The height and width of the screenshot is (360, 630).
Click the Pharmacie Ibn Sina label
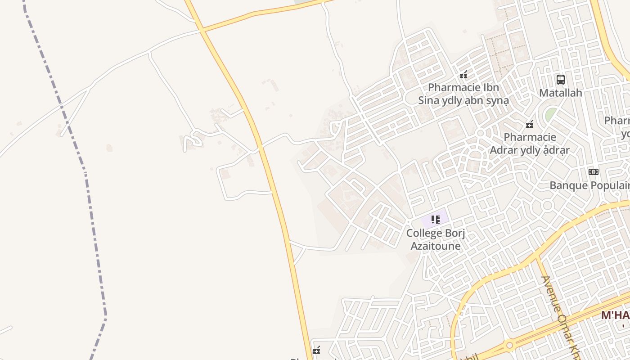[x=463, y=94]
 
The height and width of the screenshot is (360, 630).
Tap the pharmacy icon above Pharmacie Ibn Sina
[x=463, y=75]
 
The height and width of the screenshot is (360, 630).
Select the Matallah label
[x=561, y=93]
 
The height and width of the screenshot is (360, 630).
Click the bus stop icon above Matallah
[x=561, y=80]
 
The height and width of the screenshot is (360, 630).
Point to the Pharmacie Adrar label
[x=530, y=143]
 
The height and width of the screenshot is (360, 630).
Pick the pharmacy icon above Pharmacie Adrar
[x=530, y=124]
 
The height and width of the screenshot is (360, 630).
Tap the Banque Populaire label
[x=589, y=185]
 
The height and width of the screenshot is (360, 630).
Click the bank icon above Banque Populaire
[x=594, y=171]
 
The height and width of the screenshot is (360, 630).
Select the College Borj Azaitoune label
[x=435, y=239]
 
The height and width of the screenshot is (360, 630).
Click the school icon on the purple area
[x=435, y=220]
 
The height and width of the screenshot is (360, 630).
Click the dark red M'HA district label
[x=615, y=315]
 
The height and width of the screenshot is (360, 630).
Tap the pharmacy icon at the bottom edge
[x=316, y=350]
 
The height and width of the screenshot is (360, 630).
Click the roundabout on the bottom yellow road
[x=509, y=346]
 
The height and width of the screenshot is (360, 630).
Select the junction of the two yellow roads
[x=202, y=30]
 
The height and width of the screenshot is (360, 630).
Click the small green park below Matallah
[x=550, y=114]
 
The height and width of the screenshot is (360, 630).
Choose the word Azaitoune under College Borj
[x=435, y=246]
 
